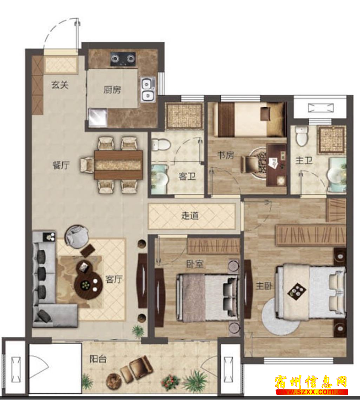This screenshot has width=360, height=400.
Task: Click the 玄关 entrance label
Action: coord(60,85)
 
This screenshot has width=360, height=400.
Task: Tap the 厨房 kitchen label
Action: coord(112,90)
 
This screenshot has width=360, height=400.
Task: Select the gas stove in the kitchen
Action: coord(123,59)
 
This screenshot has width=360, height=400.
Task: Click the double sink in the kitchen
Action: coord(148,89)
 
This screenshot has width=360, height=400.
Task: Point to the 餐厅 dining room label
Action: coord(61,165)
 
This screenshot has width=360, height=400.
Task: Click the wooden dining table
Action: coord(118,165)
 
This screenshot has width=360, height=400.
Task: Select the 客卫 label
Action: coord(187,176)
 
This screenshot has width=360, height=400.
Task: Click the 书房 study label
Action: coord(226,155)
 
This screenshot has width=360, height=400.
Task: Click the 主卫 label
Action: coord(304,161)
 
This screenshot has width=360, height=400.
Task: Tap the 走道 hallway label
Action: coord(190,216)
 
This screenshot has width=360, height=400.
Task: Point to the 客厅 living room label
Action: coord(114,280)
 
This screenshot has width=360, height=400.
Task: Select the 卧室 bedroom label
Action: coord(195,264)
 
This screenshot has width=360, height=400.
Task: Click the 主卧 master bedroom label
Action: coord(264,286)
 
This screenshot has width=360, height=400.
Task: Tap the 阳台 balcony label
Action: coord(98,359)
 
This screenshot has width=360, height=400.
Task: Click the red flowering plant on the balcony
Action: coord(169,382)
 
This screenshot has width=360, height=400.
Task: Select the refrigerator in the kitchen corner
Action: coord(97,118)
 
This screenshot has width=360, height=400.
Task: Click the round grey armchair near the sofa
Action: coord(77,236)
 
